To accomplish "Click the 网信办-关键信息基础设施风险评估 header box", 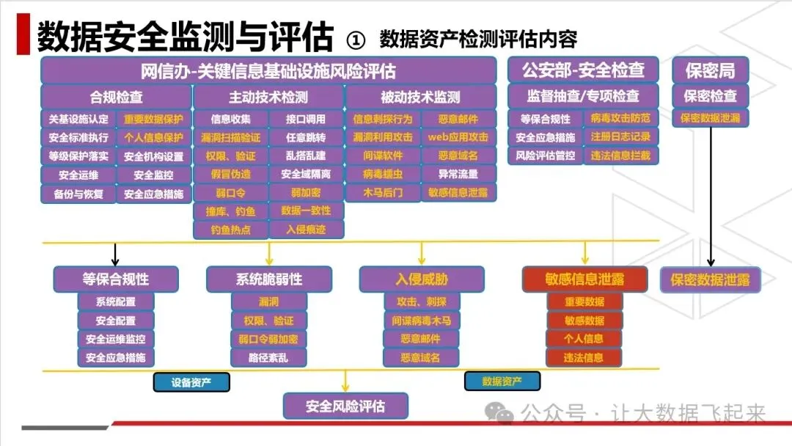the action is (x=268, y=71).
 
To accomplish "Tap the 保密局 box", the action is (x=710, y=70).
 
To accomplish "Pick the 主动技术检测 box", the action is (x=268, y=97).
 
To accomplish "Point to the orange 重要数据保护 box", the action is (x=153, y=119).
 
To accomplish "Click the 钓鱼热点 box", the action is (x=230, y=230).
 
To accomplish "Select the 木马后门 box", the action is (x=383, y=193).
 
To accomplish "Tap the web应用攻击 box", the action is (x=458, y=137).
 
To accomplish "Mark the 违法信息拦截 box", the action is (x=620, y=156).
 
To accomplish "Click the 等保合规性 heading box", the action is (x=116, y=279).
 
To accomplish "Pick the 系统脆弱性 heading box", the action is (x=268, y=279).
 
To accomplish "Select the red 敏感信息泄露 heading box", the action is (x=584, y=279).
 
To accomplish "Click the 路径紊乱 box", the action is (x=268, y=357).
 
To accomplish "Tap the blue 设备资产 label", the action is (x=191, y=381).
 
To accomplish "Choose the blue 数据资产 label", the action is (x=502, y=381).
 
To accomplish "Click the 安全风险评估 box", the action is (x=345, y=406).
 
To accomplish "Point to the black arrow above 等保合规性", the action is (x=115, y=254).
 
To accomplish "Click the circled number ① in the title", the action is (x=355, y=39).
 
